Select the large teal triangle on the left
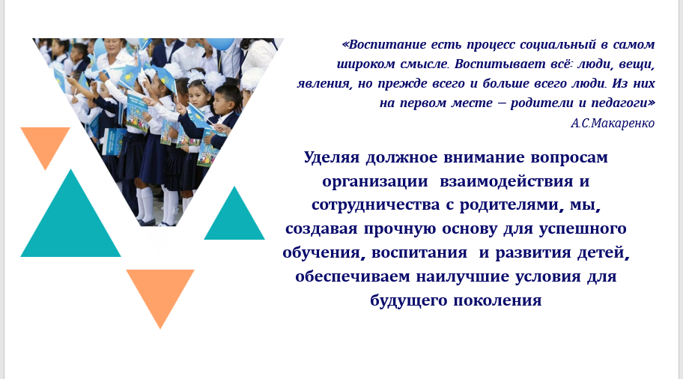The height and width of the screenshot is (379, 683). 70,222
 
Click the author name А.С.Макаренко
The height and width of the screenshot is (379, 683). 613,124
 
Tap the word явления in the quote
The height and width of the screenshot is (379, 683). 324,84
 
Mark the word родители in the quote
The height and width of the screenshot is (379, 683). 541,103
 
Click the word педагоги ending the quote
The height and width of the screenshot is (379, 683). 619,103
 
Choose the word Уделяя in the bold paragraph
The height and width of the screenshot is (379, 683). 332,157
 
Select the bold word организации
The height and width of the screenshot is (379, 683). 375,182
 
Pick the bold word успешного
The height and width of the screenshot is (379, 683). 583,229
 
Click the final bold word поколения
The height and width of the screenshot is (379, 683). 497,300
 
